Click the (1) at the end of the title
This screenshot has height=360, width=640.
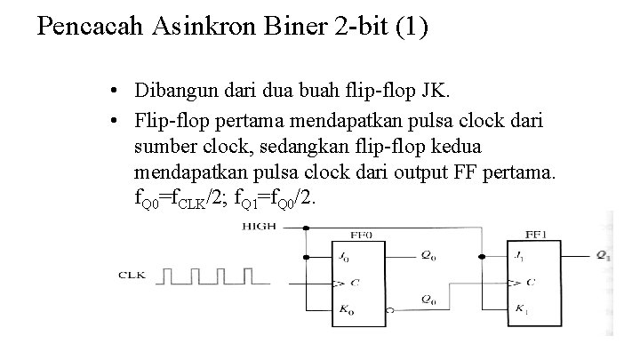pyautogui.click(x=412, y=27)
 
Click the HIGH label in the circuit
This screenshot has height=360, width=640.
pyautogui.click(x=260, y=227)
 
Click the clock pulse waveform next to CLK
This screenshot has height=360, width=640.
pyautogui.click(x=212, y=277)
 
